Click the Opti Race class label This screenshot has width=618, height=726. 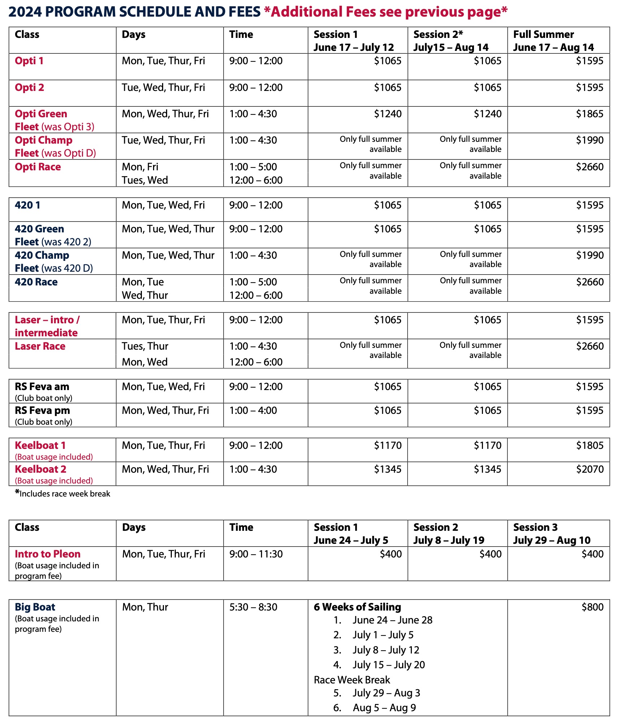coord(38,167)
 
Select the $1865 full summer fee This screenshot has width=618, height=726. coord(589,114)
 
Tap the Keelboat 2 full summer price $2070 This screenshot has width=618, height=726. coord(589,469)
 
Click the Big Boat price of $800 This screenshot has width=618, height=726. coord(592,607)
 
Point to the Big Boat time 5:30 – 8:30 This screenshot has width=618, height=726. coord(253,607)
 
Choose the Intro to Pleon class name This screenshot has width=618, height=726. coord(48,554)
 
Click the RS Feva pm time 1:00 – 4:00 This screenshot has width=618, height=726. coord(253,411)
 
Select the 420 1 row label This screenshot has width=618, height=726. coord(27,205)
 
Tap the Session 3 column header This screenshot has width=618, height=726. coord(535,528)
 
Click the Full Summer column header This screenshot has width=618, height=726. coord(544,35)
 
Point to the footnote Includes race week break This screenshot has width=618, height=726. coord(65,494)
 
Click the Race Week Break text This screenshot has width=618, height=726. coord(352,680)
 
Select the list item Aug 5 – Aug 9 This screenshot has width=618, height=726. coord(384,708)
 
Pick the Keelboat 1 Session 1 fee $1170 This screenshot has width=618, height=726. coord(388,446)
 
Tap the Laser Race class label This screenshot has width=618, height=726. coord(40,346)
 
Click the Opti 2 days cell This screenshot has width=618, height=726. coord(163,88)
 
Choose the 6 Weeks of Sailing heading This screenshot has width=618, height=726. coord(357,607)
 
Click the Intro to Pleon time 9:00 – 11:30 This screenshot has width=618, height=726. coord(256,554)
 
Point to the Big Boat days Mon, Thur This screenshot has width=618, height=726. coord(145,607)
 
